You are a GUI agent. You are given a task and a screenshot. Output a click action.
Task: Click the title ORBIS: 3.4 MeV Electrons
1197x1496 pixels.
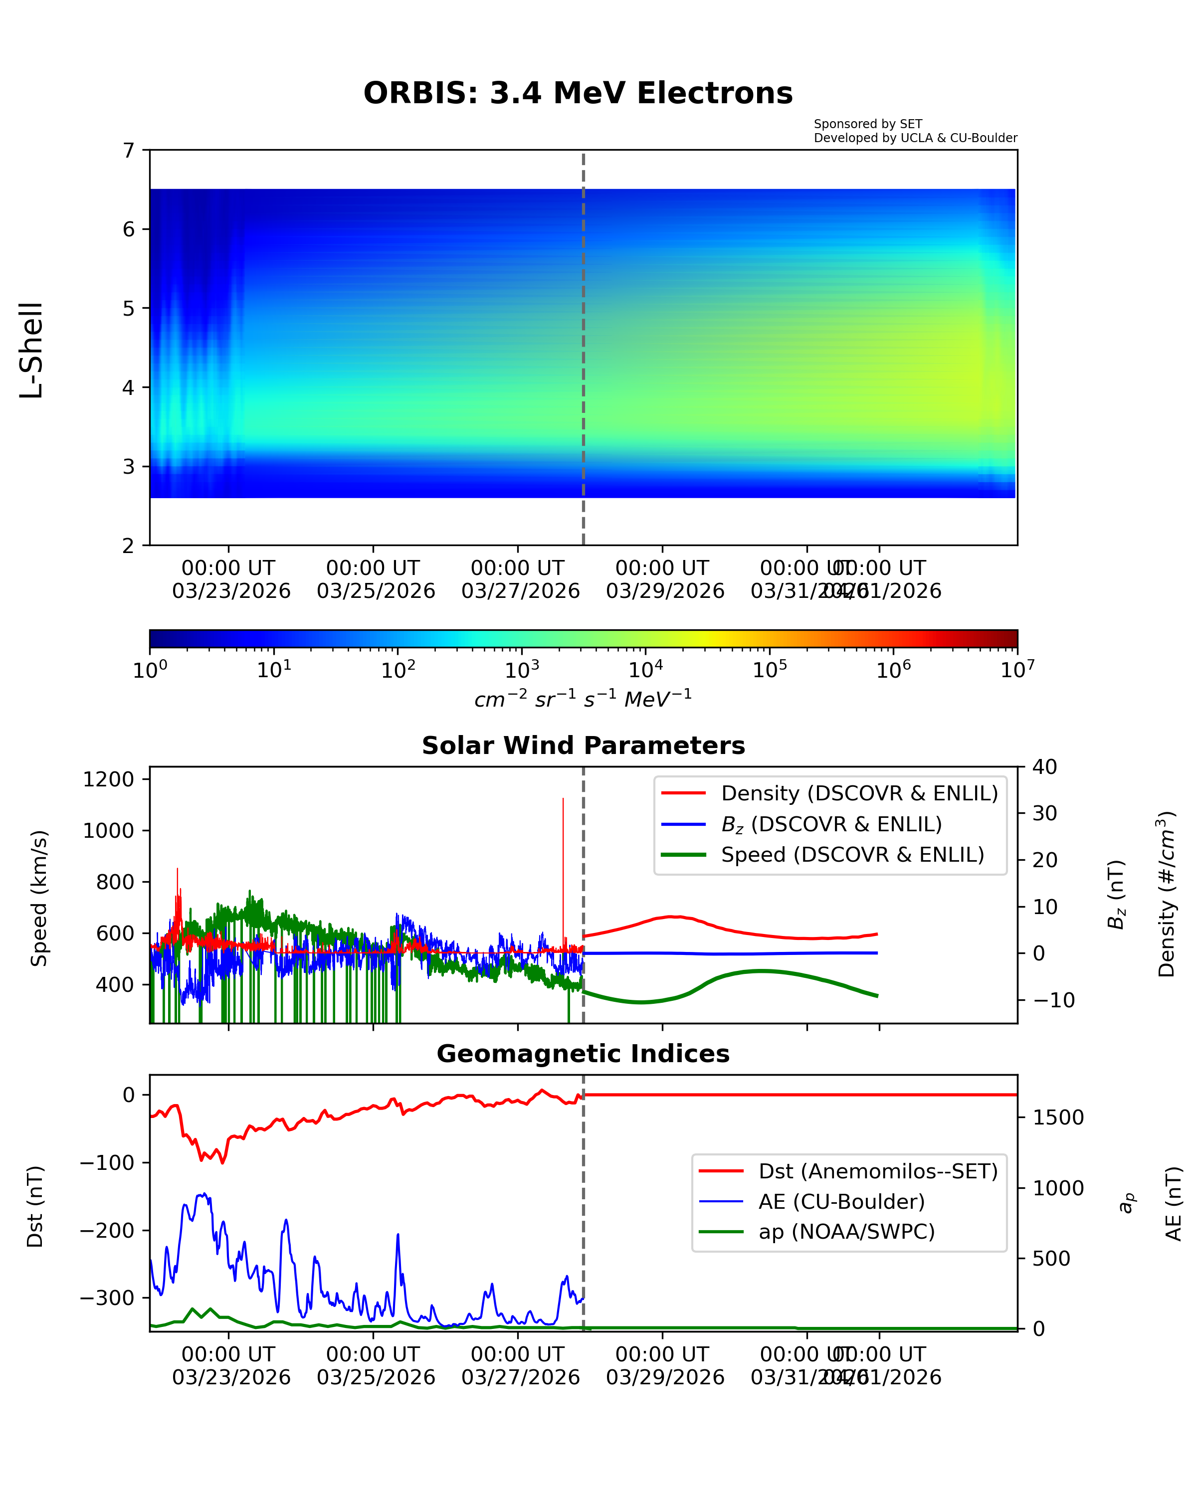[578, 93]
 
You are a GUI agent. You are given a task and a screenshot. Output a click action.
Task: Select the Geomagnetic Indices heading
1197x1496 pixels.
[583, 1054]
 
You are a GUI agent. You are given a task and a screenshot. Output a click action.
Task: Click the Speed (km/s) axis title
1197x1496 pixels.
[39, 899]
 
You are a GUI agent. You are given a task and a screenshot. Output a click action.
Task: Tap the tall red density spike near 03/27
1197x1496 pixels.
[563, 833]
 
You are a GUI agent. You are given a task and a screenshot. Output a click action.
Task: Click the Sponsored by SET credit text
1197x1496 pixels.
[867, 124]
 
